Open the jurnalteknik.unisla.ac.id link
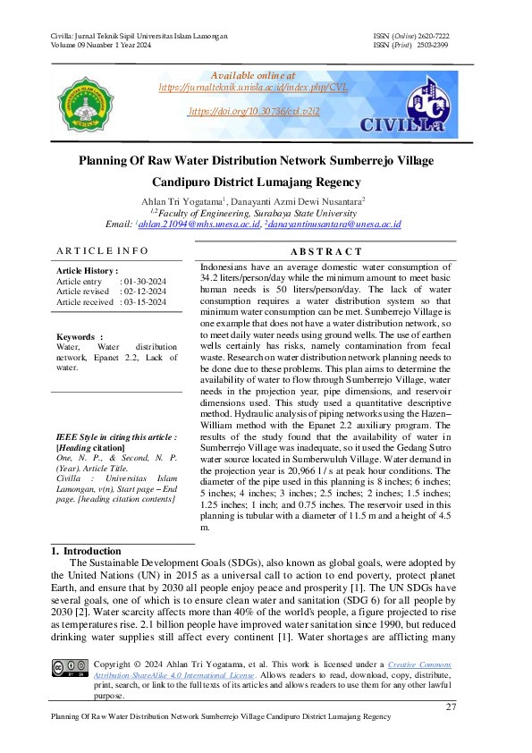pyautogui.click(x=252, y=88)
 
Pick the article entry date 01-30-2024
pyautogui.click(x=143, y=281)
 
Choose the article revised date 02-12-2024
pyautogui.click(x=143, y=292)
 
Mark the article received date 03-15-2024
pyautogui.click(x=143, y=302)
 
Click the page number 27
pyautogui.click(x=451, y=707)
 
